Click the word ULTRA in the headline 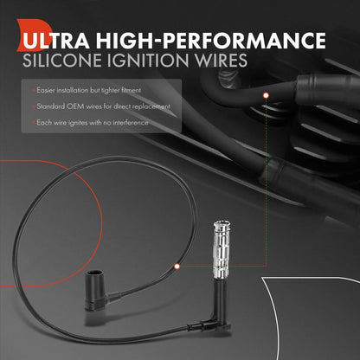pos(56,41)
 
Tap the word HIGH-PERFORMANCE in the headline pos(211,41)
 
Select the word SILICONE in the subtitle pos(62,61)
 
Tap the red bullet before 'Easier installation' pos(34,91)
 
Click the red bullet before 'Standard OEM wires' pos(34,106)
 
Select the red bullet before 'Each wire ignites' pos(34,123)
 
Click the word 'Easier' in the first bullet pos(46,90)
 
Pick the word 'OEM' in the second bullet pos(75,106)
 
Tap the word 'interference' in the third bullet pos(131,123)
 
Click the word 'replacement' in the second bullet pos(151,107)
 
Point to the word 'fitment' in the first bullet pos(132,90)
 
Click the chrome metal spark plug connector pos(222,249)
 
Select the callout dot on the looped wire pos(177,267)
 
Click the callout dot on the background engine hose pos(266,95)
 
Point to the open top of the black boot pos(94,273)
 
